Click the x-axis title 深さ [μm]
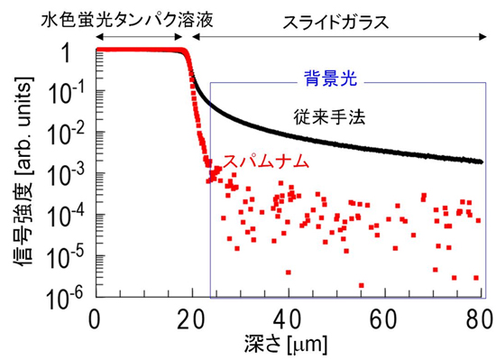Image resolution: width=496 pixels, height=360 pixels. tap(288, 344)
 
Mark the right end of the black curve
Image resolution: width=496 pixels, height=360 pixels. tap(481, 162)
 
